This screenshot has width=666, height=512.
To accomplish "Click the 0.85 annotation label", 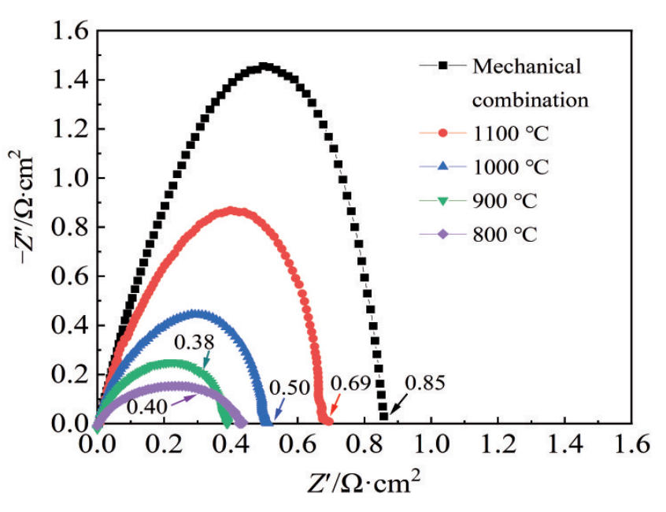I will click(x=425, y=385).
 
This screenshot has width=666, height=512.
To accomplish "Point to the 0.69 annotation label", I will click(x=349, y=384).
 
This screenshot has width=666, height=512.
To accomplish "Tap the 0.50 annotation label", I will click(x=287, y=388).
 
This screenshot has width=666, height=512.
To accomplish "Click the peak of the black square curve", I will click(x=265, y=67).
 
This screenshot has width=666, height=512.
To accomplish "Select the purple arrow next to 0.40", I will click(x=185, y=399).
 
